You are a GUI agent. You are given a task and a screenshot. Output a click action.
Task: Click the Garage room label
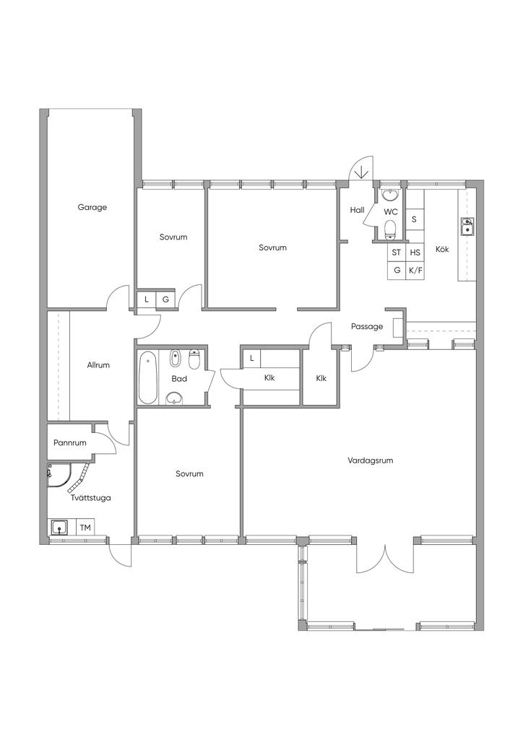[x=92, y=207]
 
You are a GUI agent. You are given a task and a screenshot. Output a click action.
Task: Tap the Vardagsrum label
[x=370, y=460]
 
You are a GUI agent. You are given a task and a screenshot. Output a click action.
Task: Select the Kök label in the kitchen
[x=442, y=249]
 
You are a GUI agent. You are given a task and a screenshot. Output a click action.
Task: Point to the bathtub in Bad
[x=147, y=377]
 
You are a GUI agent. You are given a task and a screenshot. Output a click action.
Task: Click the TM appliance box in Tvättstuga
[x=85, y=528]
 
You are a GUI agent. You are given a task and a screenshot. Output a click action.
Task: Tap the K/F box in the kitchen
[x=415, y=271]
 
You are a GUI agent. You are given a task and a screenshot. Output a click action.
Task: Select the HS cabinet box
[x=415, y=253]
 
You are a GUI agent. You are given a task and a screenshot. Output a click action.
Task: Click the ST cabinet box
[x=397, y=253]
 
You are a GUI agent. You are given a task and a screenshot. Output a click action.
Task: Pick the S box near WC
[x=415, y=219]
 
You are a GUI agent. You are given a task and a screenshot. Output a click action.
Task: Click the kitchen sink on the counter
[x=467, y=226]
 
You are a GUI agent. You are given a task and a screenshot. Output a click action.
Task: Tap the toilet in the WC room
[x=390, y=229]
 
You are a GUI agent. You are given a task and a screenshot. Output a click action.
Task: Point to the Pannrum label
[x=70, y=442]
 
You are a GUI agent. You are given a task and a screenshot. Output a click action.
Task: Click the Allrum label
[x=98, y=364]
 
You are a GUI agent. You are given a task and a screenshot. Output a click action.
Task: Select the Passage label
[x=367, y=326]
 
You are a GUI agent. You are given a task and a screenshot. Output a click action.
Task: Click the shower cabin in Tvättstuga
[x=59, y=476]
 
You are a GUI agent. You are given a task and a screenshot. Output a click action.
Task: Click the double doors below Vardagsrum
[x=385, y=559]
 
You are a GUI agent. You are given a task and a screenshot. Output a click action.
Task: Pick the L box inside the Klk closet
[x=252, y=359]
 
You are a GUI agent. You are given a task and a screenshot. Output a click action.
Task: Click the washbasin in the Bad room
[x=175, y=398]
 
